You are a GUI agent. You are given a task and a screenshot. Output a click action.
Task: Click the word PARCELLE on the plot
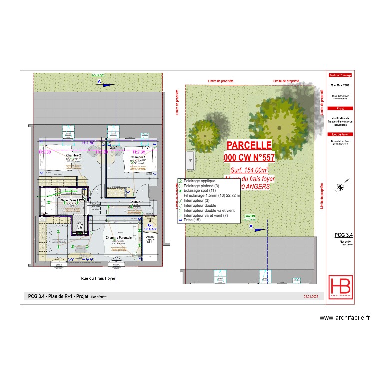pos(249,145)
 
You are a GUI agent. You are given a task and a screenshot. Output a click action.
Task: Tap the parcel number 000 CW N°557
pos(249,157)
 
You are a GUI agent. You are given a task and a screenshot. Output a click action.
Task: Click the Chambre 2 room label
pos(74,155)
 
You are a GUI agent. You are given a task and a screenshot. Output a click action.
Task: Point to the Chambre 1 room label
pos(138,157)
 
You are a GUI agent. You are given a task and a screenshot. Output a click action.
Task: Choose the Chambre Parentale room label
pos(118,238)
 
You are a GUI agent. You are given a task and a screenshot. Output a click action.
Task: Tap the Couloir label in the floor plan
pos(134,202)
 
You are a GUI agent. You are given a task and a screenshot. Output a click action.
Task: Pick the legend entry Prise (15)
pos(192,220)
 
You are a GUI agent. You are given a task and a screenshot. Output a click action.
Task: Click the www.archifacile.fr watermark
pos(344,317)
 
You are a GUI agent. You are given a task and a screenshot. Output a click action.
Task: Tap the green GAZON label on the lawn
pos(250,217)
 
